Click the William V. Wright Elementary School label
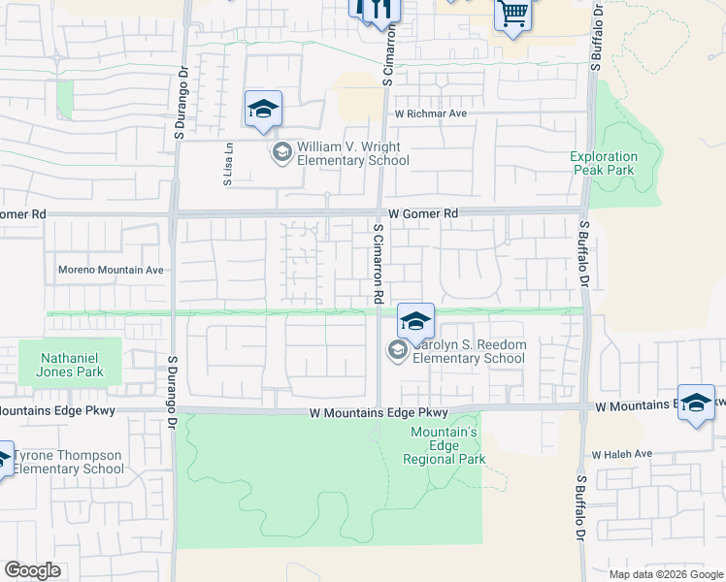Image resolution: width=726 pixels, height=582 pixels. (x=353, y=153)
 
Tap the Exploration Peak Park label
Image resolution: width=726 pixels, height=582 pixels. (x=604, y=163)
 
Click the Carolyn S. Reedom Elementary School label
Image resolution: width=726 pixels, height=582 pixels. (x=469, y=351)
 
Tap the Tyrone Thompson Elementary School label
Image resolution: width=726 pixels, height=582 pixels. (x=68, y=462)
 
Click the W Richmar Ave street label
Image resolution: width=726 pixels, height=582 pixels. (x=430, y=113)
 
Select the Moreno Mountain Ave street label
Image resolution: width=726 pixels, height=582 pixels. (x=112, y=270)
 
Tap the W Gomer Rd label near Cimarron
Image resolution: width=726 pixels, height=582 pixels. (x=422, y=212)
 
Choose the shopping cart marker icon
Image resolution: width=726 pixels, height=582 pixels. (x=512, y=14)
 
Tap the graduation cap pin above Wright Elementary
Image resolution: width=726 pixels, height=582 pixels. (x=263, y=110)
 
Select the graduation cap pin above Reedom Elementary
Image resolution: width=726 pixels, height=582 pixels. (x=415, y=321)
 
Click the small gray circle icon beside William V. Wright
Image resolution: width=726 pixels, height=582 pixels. (x=281, y=152)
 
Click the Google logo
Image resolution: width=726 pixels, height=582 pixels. (x=33, y=570)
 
